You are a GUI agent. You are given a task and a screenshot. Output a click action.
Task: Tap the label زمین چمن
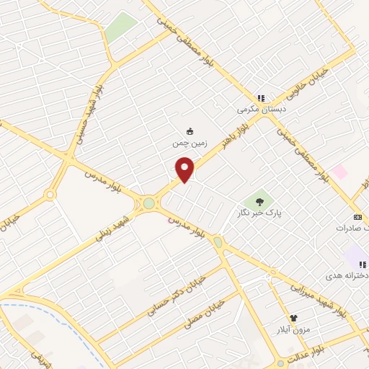[x=190, y=143]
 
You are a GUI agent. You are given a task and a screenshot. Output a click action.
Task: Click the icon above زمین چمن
[x=190, y=131]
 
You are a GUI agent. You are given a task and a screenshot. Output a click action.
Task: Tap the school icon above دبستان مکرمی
[x=261, y=98]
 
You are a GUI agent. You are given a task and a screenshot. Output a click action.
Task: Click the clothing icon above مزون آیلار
[x=293, y=317]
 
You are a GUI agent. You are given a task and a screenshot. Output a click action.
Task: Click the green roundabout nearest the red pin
[x=149, y=203]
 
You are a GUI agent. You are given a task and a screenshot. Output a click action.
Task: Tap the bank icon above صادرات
[x=357, y=217]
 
